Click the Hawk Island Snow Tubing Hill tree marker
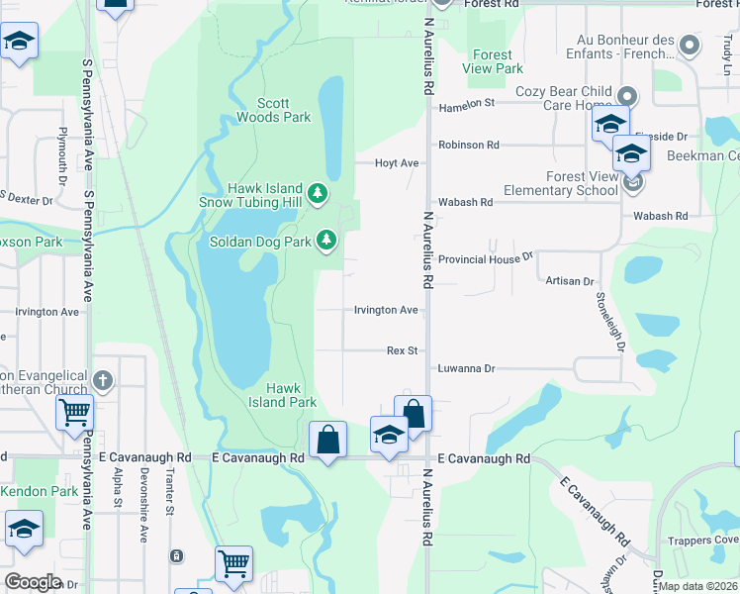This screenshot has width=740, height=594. pos(318,192)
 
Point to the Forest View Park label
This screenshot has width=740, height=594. pos(492,62)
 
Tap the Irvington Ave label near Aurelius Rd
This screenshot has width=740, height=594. pos(386,310)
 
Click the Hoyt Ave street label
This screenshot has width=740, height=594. pos(397,163)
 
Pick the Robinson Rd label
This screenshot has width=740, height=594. pos(469,145)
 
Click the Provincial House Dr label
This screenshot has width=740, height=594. pos(486,255)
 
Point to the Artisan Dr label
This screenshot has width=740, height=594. pos(569,281)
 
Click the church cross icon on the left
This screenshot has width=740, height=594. pos(102,380)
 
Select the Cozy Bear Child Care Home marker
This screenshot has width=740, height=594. pos(625,96)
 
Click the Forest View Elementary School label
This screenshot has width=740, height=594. pos(560,183)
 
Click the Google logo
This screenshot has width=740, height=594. pos(33,582)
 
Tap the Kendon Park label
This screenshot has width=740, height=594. pos(39,491)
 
